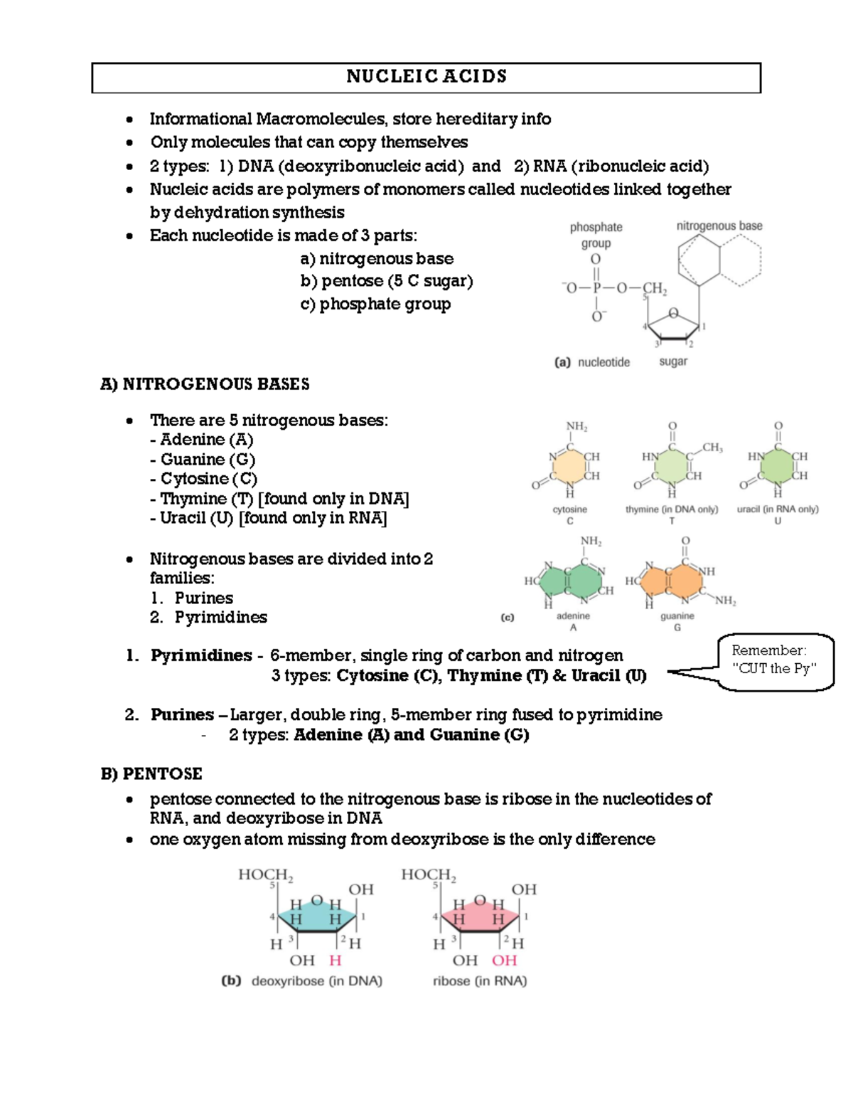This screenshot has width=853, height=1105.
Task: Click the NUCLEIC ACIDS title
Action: click(x=426, y=77)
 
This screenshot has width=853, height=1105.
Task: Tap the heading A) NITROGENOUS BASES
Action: click(x=205, y=384)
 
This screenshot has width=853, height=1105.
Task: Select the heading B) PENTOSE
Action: click(x=151, y=773)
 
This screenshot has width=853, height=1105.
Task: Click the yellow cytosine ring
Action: click(x=569, y=467)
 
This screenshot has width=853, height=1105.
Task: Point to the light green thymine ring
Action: click(x=672, y=467)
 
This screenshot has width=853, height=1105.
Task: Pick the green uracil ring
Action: click(x=778, y=467)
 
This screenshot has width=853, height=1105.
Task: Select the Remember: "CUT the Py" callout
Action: click(x=774, y=660)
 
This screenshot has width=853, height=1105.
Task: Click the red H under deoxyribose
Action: click(x=336, y=961)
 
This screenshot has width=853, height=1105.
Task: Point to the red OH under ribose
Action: click(x=504, y=961)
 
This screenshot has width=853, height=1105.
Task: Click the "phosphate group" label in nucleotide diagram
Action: click(x=596, y=235)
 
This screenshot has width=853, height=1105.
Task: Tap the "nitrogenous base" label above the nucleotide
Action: click(x=719, y=226)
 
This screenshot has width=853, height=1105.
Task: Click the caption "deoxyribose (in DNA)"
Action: click(x=316, y=981)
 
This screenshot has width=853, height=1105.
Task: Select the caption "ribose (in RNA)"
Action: click(x=480, y=981)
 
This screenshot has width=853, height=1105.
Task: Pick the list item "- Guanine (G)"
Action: click(x=203, y=459)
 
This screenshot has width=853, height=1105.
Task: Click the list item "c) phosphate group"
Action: click(x=375, y=304)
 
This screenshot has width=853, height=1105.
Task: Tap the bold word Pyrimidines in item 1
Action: click(x=201, y=655)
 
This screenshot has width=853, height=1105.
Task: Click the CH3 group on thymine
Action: click(x=712, y=448)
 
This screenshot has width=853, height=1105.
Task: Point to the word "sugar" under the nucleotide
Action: click(x=673, y=361)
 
